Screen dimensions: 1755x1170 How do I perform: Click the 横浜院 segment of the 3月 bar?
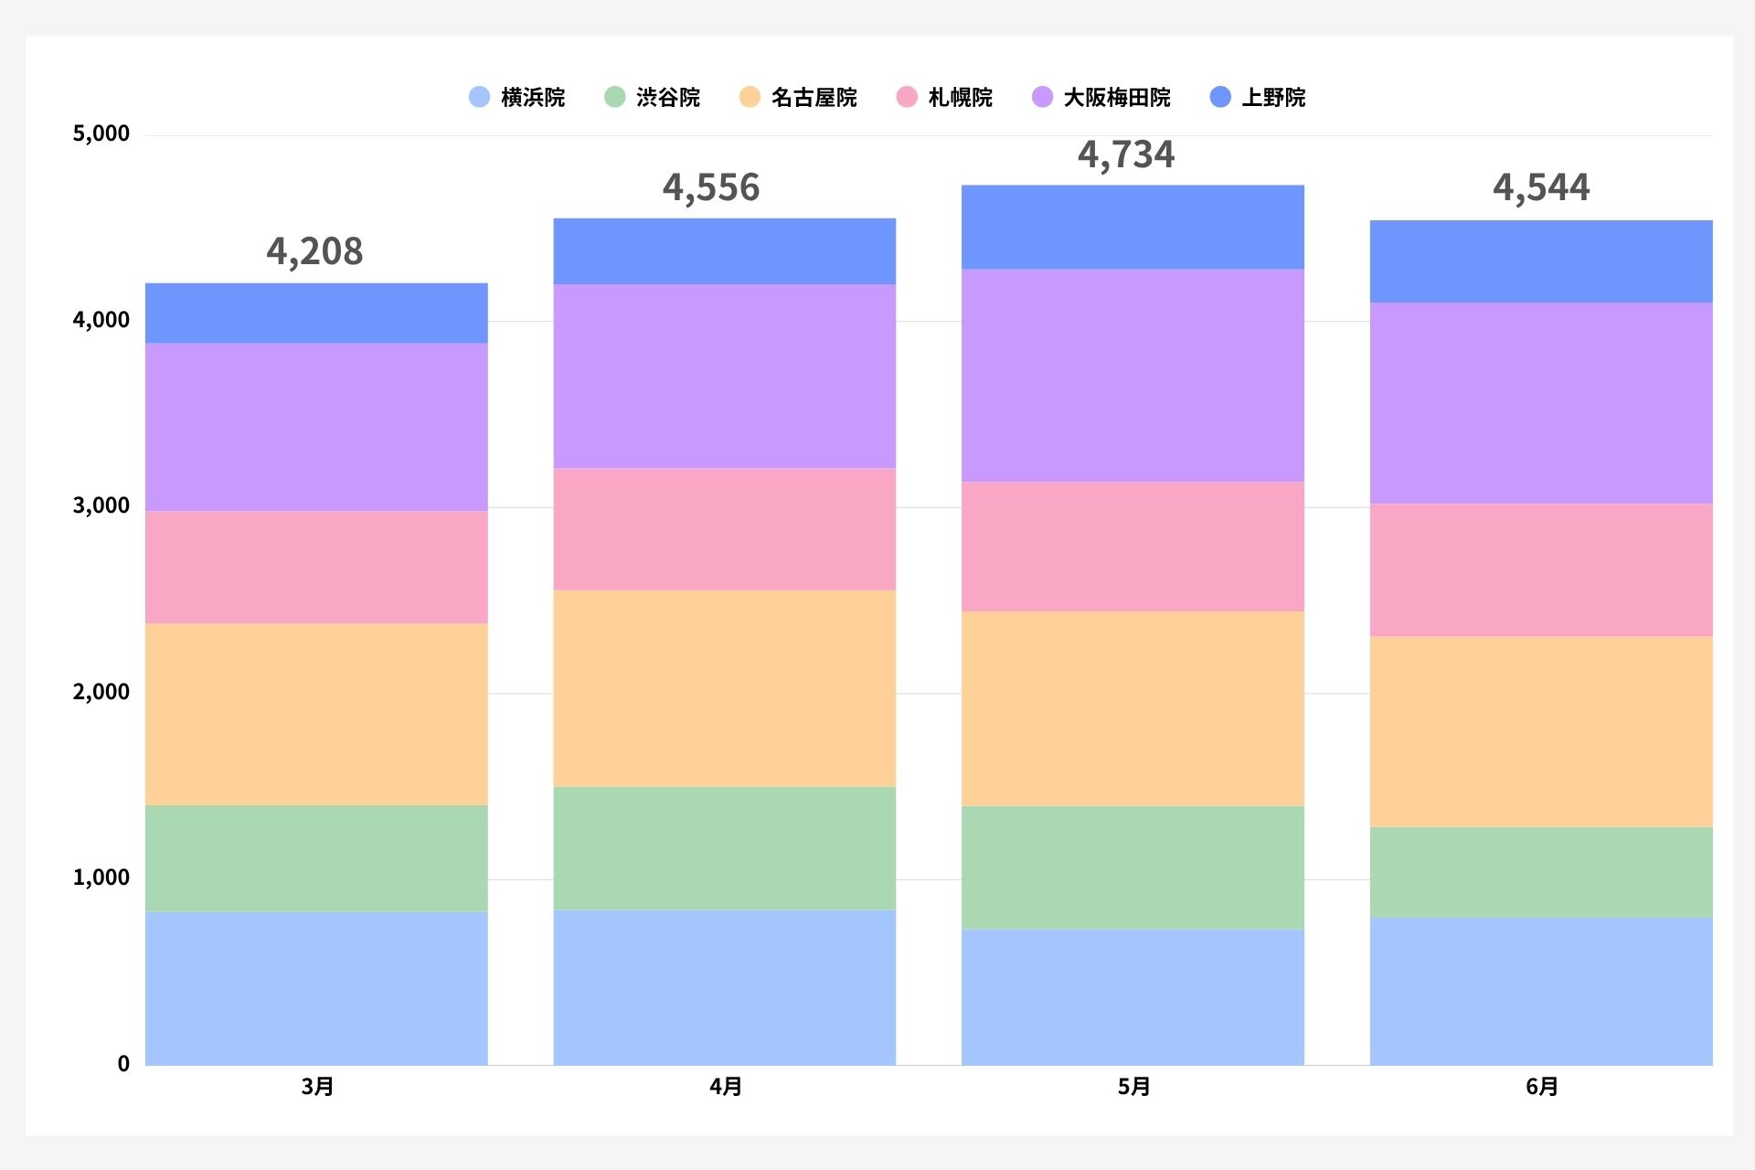coord(316,988)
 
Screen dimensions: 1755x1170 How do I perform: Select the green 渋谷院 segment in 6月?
coord(1541,873)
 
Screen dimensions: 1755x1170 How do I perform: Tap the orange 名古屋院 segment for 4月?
coord(725,688)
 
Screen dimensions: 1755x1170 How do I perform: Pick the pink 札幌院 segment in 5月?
coord(1133,547)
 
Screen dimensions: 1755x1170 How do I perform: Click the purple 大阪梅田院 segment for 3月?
coord(316,427)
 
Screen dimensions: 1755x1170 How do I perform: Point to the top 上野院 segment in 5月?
coord(1133,227)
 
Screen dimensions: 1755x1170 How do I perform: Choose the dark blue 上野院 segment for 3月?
coord(316,314)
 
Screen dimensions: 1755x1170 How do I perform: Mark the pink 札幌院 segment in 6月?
coord(1541,570)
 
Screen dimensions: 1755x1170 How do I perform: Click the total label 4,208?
coord(314,251)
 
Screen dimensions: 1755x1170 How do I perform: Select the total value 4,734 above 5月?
coord(1126,154)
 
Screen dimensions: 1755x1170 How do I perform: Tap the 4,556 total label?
coord(711,187)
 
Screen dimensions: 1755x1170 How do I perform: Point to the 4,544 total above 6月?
coord(1541,187)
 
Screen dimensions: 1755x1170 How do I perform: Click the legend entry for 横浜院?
coord(516,97)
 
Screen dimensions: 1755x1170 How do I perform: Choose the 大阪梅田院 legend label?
coord(1117,97)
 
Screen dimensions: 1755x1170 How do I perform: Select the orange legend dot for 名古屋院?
coord(750,97)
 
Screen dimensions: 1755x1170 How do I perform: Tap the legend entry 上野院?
coord(1258,97)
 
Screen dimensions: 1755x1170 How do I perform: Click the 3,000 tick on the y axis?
coord(101,505)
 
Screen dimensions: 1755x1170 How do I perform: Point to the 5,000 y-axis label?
coord(101,133)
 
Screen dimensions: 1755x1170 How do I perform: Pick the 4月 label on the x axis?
coord(726,1086)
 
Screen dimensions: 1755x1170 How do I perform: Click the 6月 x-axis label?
coord(1542,1086)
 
